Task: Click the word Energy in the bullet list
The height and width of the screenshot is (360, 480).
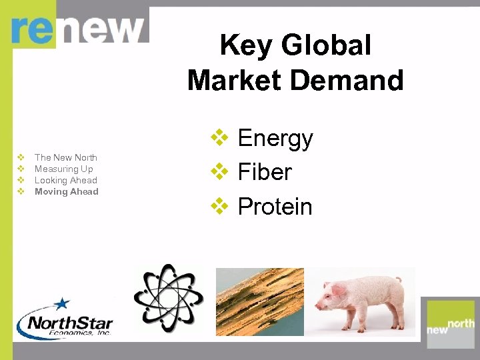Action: coord(275,139)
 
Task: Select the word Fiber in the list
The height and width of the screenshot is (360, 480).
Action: coord(265,173)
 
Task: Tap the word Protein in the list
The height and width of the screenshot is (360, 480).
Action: coord(275,207)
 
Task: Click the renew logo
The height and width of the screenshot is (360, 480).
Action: coord(78,30)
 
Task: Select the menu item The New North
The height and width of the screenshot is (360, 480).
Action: coord(66,157)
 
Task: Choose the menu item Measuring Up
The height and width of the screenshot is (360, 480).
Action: coord(64,169)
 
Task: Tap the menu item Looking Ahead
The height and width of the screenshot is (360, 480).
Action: coord(66,180)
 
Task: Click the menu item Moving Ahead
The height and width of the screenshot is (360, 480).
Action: coord(67,191)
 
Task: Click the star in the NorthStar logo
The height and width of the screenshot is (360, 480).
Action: coord(62,303)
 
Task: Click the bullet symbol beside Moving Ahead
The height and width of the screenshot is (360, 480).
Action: coord(21,191)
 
